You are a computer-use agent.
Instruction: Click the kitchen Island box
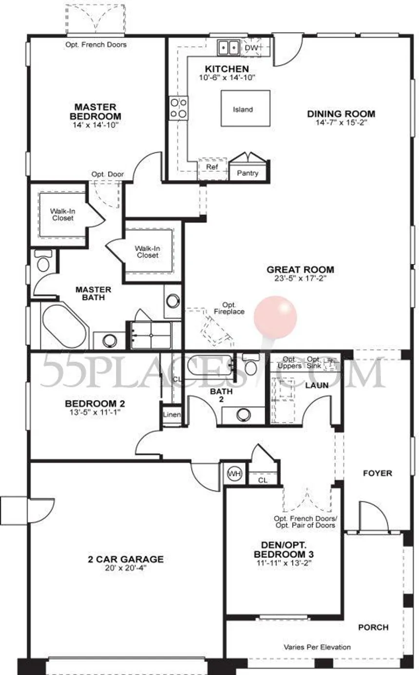(x=246, y=109)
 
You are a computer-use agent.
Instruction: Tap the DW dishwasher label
(x=251, y=48)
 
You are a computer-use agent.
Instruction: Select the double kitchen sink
(x=229, y=47)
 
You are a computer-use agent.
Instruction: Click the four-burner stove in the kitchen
(x=178, y=108)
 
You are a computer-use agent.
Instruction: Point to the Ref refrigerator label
(x=212, y=167)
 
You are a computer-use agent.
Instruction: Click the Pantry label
(x=248, y=173)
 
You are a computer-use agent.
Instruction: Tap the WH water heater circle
(x=234, y=473)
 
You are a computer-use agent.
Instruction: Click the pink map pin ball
(x=275, y=318)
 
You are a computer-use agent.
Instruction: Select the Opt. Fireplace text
(x=229, y=308)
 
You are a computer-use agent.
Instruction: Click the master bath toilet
(x=43, y=261)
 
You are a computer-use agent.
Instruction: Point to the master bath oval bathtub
(x=64, y=326)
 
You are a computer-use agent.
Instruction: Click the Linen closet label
(x=172, y=414)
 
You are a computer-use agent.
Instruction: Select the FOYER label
(x=378, y=473)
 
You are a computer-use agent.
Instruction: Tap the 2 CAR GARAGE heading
(x=126, y=559)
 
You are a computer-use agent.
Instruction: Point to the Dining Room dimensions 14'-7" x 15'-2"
(x=341, y=122)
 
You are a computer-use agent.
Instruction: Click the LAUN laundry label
(x=317, y=385)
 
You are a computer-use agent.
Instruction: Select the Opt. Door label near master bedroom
(x=108, y=174)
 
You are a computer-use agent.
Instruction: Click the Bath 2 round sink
(x=243, y=415)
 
